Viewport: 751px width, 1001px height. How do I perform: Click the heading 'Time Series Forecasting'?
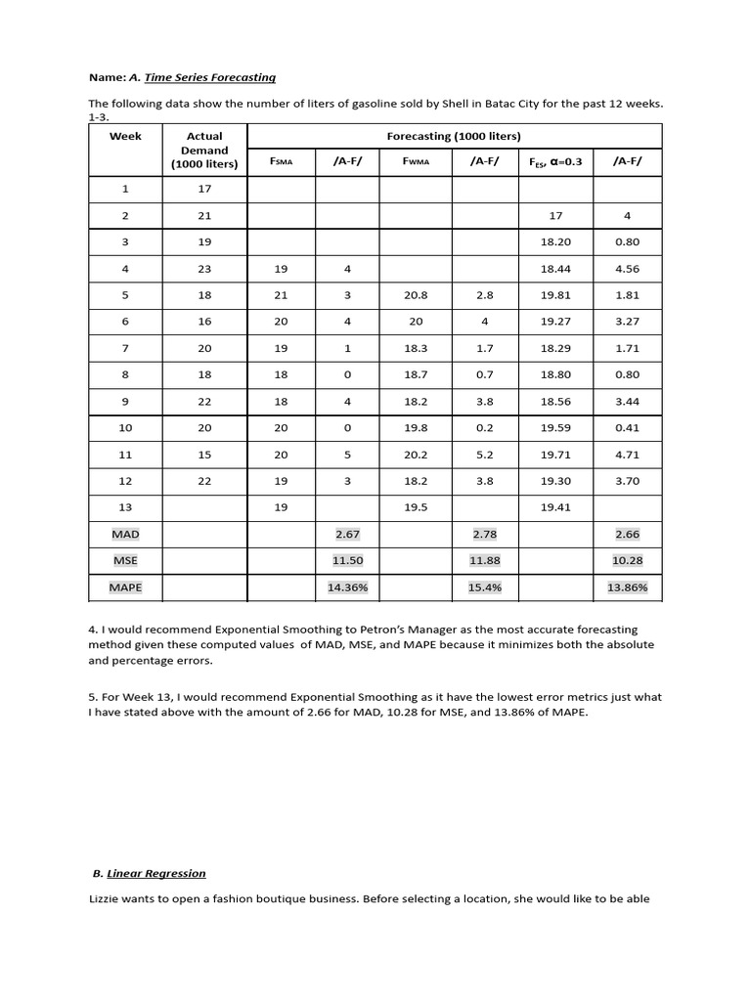pyautogui.click(x=209, y=77)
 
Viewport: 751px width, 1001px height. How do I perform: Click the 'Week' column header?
pyautogui.click(x=125, y=136)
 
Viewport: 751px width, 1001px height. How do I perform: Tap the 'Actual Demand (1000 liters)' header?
pyautogui.click(x=204, y=150)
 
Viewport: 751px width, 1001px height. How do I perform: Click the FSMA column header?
pyautogui.click(x=280, y=161)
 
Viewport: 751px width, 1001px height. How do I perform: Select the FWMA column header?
pyautogui.click(x=416, y=161)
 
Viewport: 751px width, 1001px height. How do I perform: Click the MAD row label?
pyautogui.click(x=125, y=534)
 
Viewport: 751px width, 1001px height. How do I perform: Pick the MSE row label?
pyautogui.click(x=125, y=560)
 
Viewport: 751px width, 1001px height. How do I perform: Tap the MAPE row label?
pyautogui.click(x=125, y=587)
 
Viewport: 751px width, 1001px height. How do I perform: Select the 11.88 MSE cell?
pyautogui.click(x=485, y=560)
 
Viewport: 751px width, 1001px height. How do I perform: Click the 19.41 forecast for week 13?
pyautogui.click(x=554, y=507)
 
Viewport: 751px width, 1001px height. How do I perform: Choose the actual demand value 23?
pyautogui.click(x=204, y=269)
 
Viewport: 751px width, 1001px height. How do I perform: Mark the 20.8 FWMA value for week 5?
pyautogui.click(x=416, y=295)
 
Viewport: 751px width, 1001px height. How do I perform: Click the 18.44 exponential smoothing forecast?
pyautogui.click(x=554, y=269)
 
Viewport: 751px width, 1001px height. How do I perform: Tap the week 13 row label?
pyautogui.click(x=125, y=507)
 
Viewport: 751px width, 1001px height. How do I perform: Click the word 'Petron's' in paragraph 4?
pyautogui.click(x=399, y=630)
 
